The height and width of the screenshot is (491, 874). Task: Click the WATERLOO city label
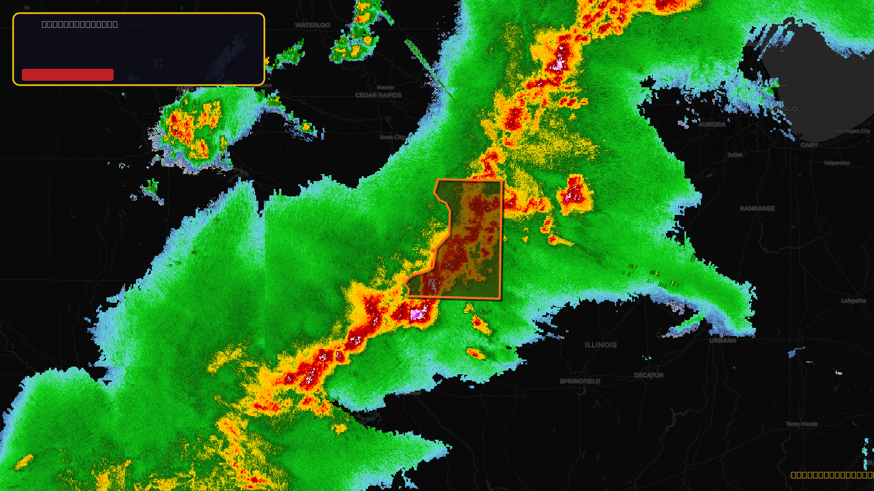pyautogui.click(x=312, y=25)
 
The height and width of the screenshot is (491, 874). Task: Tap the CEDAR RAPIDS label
pyautogui.click(x=378, y=95)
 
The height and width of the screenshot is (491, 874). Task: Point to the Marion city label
pyautogui.click(x=385, y=87)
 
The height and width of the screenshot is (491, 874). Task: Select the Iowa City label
pyautogui.click(x=392, y=137)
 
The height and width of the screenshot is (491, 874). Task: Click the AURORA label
pyautogui.click(x=712, y=124)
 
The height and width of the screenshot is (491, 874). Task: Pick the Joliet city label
pyautogui.click(x=735, y=155)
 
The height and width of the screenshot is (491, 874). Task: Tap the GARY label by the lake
pyautogui.click(x=809, y=145)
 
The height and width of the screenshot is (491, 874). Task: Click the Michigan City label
pyautogui.click(x=853, y=131)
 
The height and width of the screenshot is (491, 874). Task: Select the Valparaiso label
pyautogui.click(x=836, y=163)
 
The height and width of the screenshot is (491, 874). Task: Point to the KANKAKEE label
pyautogui.click(x=757, y=208)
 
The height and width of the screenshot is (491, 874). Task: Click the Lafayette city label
pyautogui.click(x=853, y=301)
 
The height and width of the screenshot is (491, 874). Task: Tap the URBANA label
pyautogui.click(x=723, y=340)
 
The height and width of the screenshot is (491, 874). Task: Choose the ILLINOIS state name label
pyautogui.click(x=601, y=345)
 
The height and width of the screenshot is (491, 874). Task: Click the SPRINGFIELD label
pyautogui.click(x=580, y=381)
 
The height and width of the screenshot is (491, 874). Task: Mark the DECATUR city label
pyautogui.click(x=648, y=375)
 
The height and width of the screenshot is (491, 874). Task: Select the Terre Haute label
pyautogui.click(x=801, y=424)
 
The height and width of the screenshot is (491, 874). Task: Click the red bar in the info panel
pyautogui.click(x=68, y=75)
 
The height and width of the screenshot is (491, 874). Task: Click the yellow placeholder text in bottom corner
pyautogui.click(x=832, y=475)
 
